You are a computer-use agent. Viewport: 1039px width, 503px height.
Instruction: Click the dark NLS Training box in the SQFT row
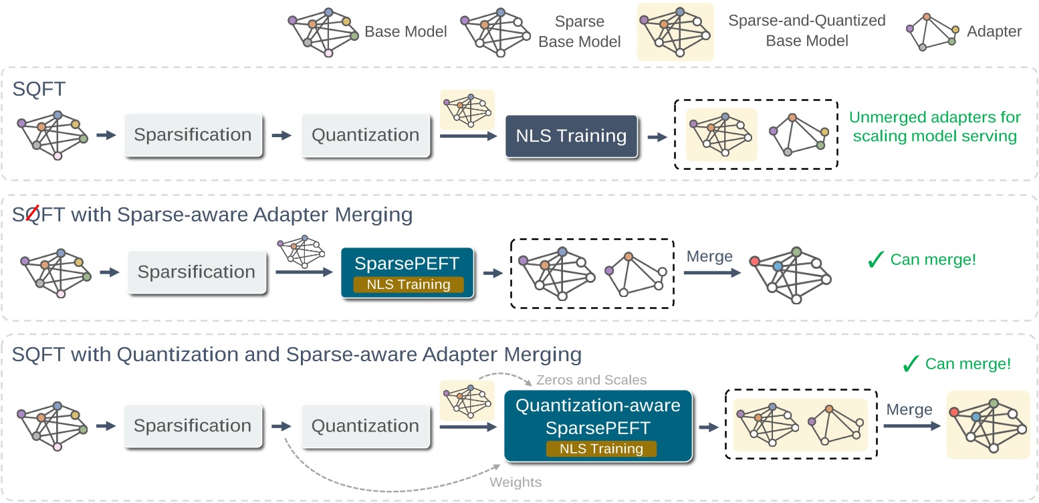click(571, 136)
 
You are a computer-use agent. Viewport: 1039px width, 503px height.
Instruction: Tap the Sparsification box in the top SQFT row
click(193, 135)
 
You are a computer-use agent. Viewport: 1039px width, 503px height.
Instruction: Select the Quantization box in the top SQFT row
click(365, 135)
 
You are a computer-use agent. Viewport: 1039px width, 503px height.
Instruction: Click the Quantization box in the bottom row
click(365, 426)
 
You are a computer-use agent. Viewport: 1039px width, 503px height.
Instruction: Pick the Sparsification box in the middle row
click(196, 272)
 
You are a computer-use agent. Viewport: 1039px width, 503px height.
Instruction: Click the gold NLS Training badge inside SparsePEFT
click(408, 284)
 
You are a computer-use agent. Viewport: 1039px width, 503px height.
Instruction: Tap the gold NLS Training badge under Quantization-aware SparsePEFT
click(601, 449)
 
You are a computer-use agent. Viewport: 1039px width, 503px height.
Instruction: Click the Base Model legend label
click(405, 31)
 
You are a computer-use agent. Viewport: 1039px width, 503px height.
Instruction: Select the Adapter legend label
click(994, 31)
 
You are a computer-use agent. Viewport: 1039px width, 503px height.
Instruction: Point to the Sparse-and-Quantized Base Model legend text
click(806, 31)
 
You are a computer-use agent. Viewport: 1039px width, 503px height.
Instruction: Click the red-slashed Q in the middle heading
click(29, 215)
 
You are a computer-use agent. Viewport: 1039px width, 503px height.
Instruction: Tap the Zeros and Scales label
click(591, 380)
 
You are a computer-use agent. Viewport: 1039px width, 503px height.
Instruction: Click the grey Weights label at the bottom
click(515, 482)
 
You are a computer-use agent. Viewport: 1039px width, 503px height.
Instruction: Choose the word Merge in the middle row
click(709, 257)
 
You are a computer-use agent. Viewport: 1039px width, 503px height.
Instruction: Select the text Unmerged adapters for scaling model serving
click(935, 126)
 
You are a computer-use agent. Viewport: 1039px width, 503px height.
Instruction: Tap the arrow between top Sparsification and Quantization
click(282, 135)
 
